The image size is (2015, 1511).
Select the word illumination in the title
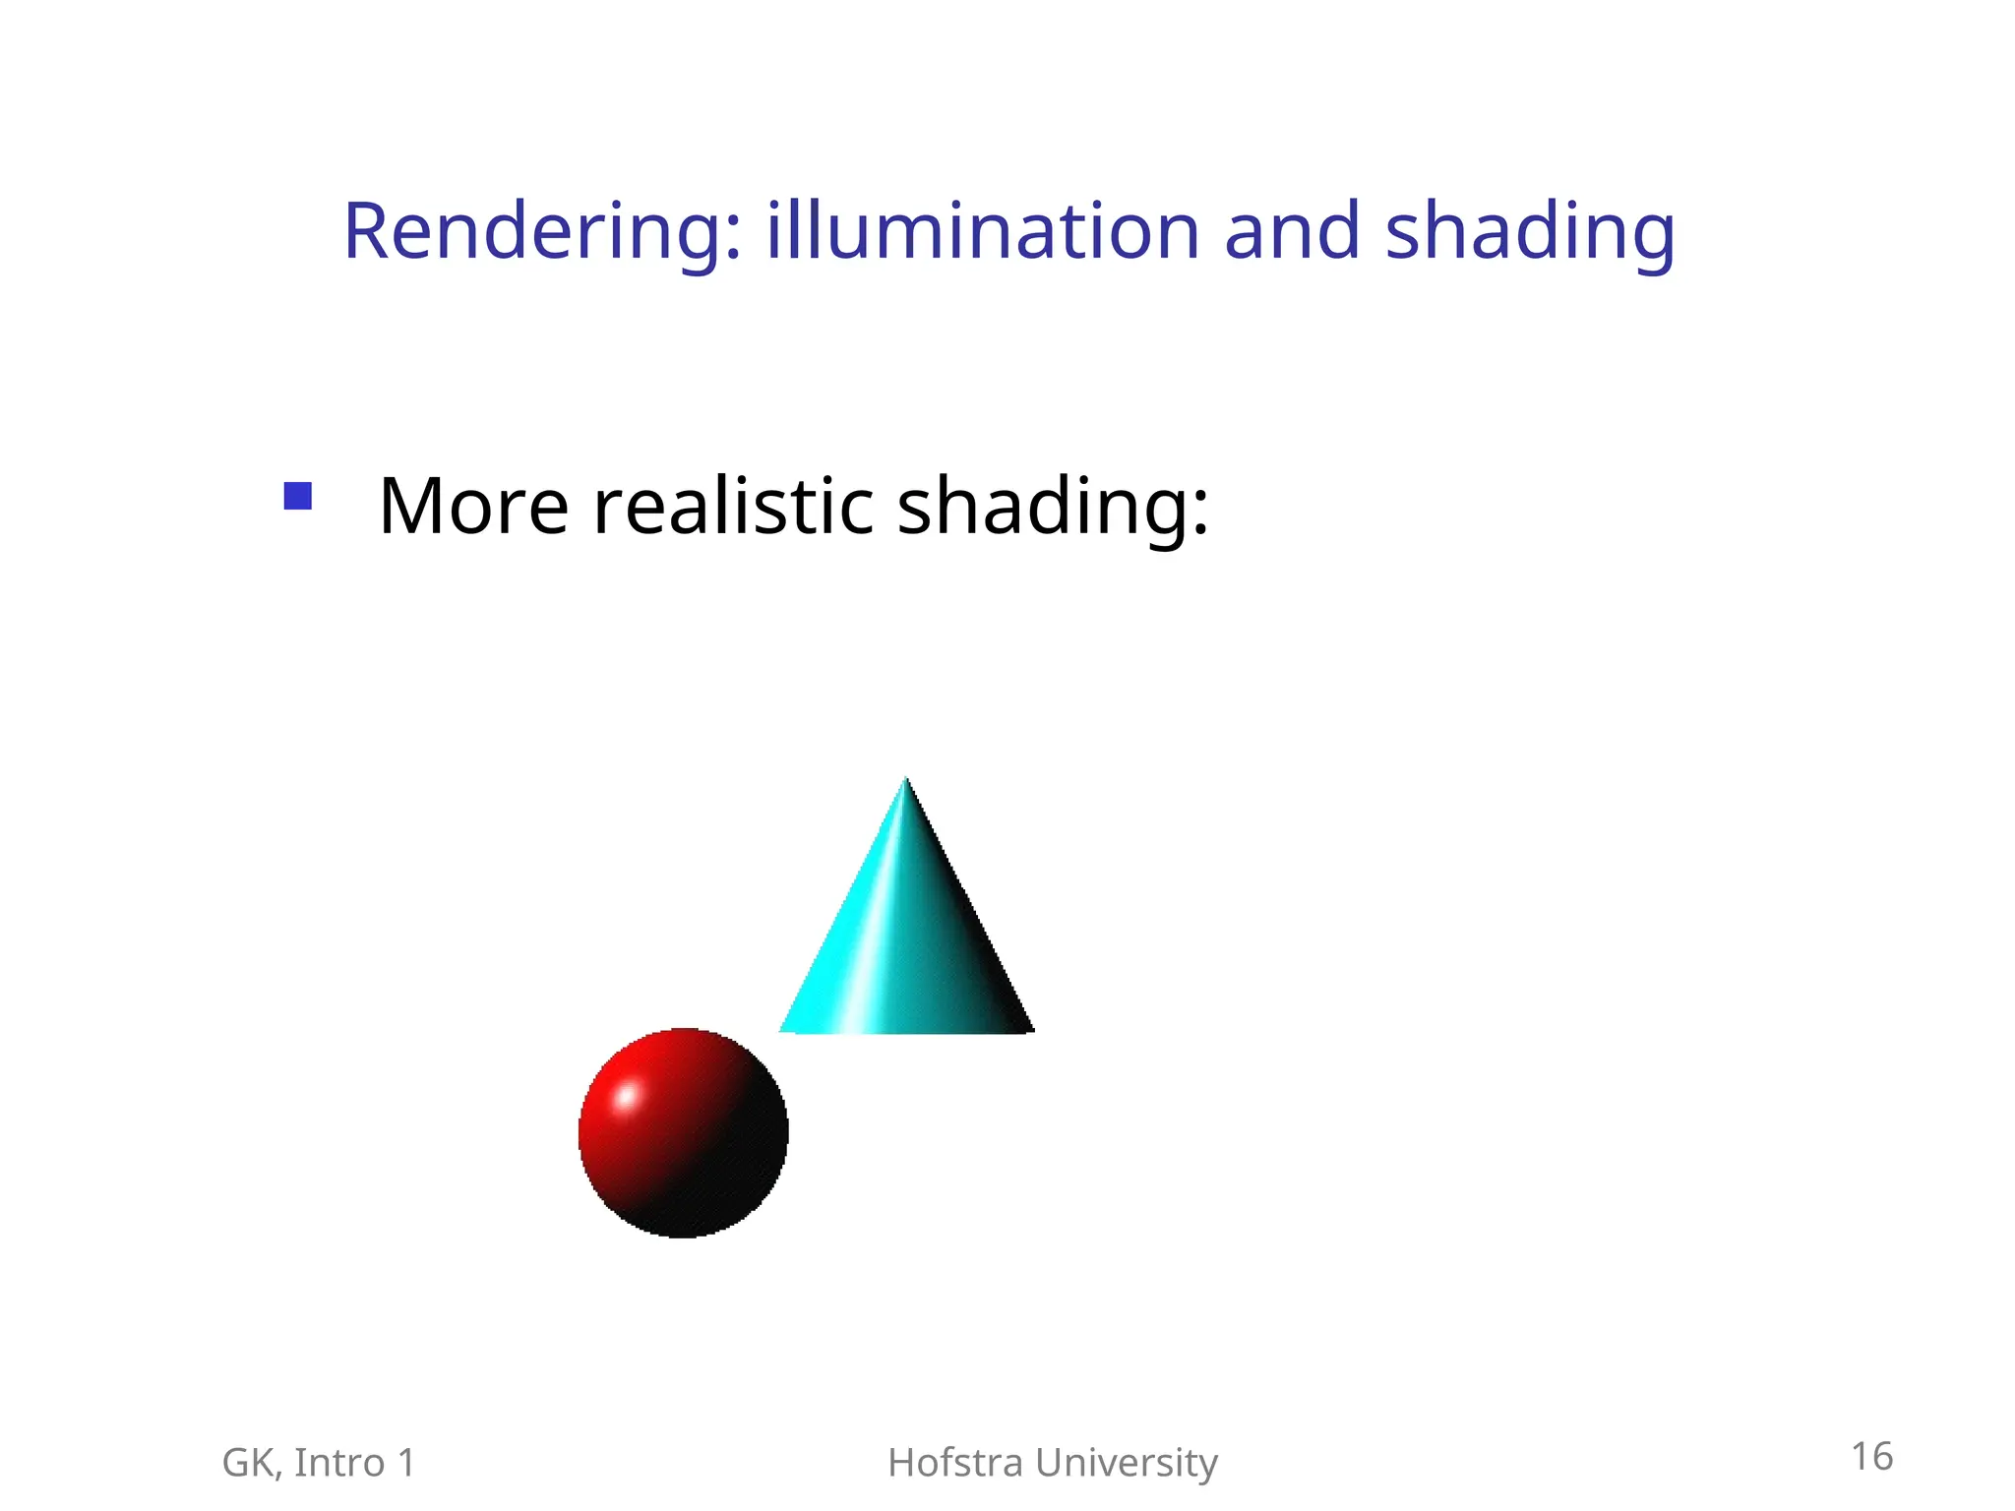[983, 232]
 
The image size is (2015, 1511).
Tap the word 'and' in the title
[1292, 232]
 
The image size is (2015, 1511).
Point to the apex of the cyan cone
[906, 781]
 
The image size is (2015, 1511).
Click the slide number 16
[1871, 1457]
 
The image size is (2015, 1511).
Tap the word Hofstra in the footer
[955, 1463]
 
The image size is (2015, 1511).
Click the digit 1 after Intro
[406, 1463]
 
